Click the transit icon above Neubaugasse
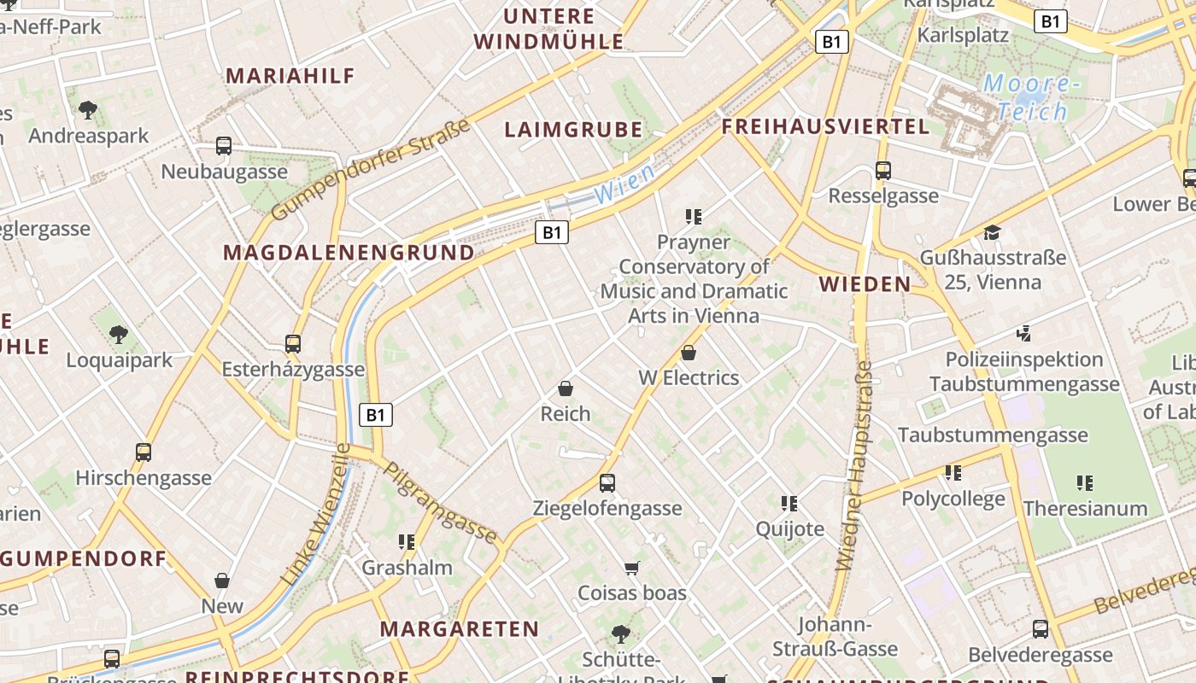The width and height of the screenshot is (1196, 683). pyautogui.click(x=224, y=146)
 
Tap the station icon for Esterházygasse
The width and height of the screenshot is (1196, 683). pyautogui.click(x=293, y=344)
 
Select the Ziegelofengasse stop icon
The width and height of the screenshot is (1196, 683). pyautogui.click(x=607, y=483)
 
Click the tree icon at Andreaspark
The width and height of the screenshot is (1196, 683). pyautogui.click(x=87, y=109)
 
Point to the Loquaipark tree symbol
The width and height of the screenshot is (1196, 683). pyautogui.click(x=119, y=334)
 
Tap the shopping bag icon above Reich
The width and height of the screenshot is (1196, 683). pyautogui.click(x=565, y=388)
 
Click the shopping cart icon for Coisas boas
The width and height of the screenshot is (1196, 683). pyautogui.click(x=632, y=568)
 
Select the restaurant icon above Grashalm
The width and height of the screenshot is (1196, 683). pyautogui.click(x=407, y=541)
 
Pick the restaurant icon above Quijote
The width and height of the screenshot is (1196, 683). pyautogui.click(x=789, y=504)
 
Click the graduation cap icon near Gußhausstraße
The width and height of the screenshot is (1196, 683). pyautogui.click(x=992, y=232)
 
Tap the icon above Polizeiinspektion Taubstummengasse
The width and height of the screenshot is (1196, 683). pyautogui.click(x=1024, y=333)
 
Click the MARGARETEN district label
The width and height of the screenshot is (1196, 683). pyautogui.click(x=460, y=629)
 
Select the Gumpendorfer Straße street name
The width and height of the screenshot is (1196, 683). pyautogui.click(x=372, y=170)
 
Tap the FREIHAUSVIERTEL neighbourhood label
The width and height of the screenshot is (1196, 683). pyautogui.click(x=825, y=127)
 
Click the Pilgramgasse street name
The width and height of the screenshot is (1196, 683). pyautogui.click(x=440, y=503)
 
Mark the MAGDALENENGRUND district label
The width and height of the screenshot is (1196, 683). pyautogui.click(x=349, y=253)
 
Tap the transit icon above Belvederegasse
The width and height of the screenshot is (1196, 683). pyautogui.click(x=1041, y=629)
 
